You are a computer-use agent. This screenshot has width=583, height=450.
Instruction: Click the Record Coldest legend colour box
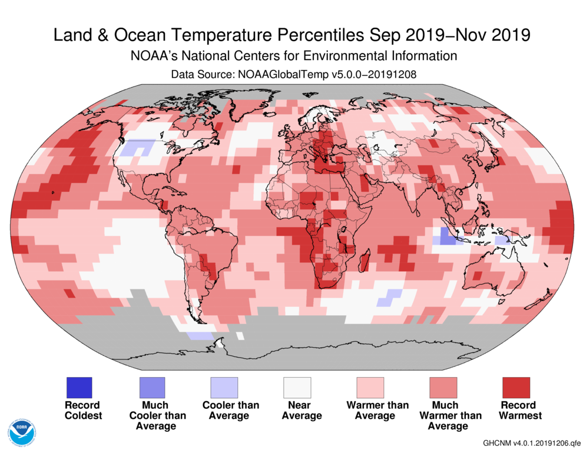point(79,388)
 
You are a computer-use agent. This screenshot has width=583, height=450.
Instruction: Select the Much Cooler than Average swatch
point(151,388)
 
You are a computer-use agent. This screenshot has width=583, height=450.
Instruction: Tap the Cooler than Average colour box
point(224,388)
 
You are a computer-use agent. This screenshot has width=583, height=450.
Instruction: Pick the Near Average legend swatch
point(297,388)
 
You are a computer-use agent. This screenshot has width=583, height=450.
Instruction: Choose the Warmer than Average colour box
point(370,388)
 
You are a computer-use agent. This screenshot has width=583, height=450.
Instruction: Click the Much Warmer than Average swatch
point(443,388)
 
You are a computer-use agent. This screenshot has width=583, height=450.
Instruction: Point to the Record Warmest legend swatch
point(516,388)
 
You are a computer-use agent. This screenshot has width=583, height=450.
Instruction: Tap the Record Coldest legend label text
point(83,410)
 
